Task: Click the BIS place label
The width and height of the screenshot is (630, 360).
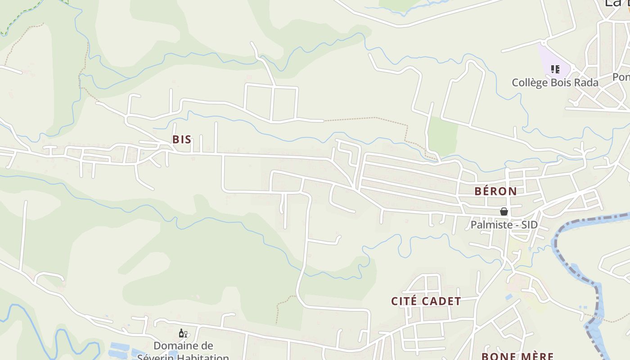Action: coord(182,139)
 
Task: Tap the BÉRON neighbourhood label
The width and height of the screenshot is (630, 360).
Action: coord(495,191)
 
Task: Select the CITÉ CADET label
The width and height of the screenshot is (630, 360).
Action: coord(426,301)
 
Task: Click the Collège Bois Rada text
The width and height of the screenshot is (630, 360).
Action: coord(555,83)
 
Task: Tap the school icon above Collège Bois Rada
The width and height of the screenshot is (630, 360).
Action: coord(555,69)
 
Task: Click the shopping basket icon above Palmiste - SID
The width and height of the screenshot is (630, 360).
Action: coord(504,211)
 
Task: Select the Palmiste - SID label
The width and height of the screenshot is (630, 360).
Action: coord(504,224)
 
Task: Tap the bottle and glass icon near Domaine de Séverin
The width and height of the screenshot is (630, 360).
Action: coord(183,333)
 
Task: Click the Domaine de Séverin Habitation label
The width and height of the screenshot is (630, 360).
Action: coord(183,351)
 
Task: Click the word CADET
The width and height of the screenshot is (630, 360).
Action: coord(442,301)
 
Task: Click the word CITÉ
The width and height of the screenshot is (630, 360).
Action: coord(403,301)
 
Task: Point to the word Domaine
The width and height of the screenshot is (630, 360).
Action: coord(176,346)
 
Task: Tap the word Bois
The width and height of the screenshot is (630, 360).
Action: coord(560,83)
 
